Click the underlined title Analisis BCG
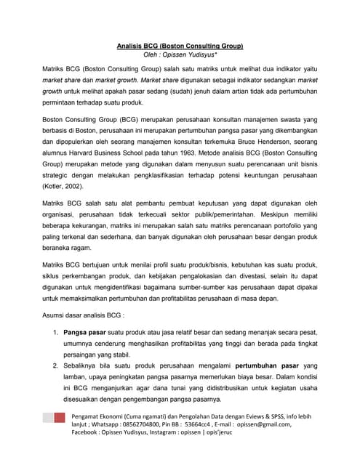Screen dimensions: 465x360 tap(180, 45)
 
